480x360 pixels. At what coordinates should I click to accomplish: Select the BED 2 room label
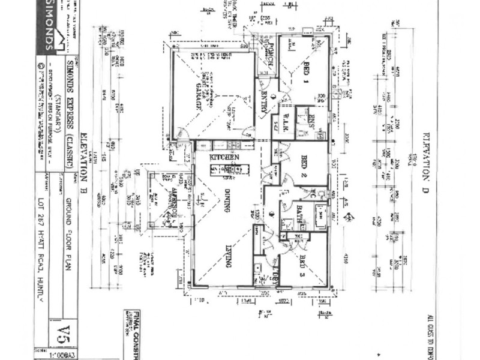tap(305, 164)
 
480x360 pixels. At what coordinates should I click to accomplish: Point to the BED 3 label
tap(304, 265)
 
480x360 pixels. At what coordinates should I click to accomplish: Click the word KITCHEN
tap(225, 157)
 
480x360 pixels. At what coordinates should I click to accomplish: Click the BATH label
tap(298, 212)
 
